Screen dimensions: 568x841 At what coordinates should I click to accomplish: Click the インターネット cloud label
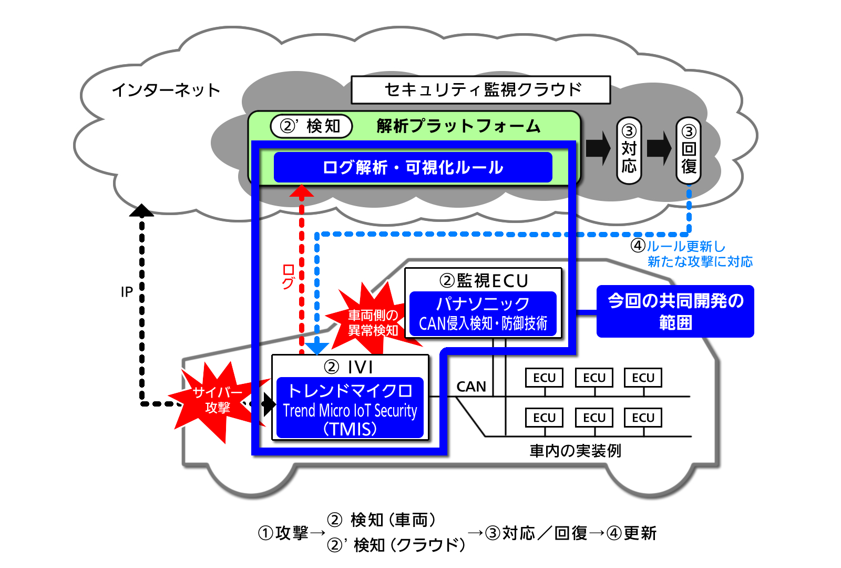pos(166,90)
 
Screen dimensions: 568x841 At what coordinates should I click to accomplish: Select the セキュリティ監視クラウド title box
pos(480,90)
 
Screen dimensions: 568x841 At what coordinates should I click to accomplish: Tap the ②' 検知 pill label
pos(311,126)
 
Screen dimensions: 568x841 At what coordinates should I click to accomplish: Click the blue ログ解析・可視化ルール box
pos(413,167)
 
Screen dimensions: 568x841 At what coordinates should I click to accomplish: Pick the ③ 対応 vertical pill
pos(629,150)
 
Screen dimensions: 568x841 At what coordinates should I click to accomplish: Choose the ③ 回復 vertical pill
pos(689,150)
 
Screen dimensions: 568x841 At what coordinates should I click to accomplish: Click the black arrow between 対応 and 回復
pos(659,148)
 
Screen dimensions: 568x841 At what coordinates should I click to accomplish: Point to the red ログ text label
pos(288,277)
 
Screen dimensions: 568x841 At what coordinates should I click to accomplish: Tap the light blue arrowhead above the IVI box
pos(317,348)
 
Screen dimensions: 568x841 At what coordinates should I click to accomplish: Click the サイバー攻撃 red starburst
pos(217,400)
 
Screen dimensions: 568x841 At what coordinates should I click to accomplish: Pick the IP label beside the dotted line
pos(127,292)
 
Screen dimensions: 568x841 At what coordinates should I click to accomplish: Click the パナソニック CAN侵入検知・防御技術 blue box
pos(483,313)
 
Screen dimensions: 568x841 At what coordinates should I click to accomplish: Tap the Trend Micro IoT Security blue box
pos(350,408)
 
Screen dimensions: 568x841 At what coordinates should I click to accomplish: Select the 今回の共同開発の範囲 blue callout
pos(675,311)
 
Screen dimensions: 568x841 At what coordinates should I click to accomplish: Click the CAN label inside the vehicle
pos(471,387)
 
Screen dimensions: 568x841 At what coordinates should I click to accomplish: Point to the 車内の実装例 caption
pos(575,451)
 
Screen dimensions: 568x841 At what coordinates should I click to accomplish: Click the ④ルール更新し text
pos(678,246)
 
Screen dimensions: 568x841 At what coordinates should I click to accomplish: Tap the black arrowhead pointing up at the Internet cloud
pos(141,210)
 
